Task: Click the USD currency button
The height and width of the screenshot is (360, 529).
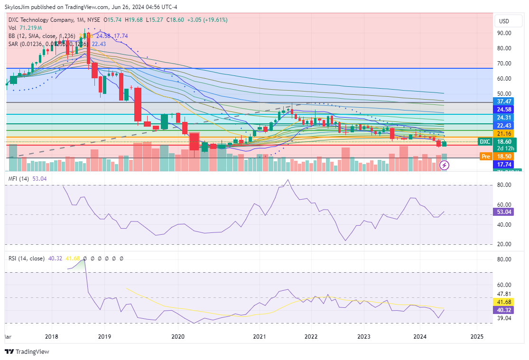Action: pyautogui.click(x=504, y=21)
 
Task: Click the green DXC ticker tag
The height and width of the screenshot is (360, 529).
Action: pyautogui.click(x=484, y=141)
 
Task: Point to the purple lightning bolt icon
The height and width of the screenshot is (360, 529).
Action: pyautogui.click(x=445, y=165)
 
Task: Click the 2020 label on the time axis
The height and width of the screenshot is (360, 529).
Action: pyautogui.click(x=178, y=337)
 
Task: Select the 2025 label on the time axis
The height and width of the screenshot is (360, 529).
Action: pyautogui.click(x=476, y=337)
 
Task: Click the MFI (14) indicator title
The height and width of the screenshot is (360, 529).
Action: pyautogui.click(x=19, y=178)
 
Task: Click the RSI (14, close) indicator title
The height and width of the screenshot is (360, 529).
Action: pyautogui.click(x=27, y=258)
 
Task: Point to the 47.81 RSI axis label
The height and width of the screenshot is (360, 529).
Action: pyautogui.click(x=504, y=294)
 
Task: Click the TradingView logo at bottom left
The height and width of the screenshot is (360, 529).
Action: pyautogui.click(x=27, y=351)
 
